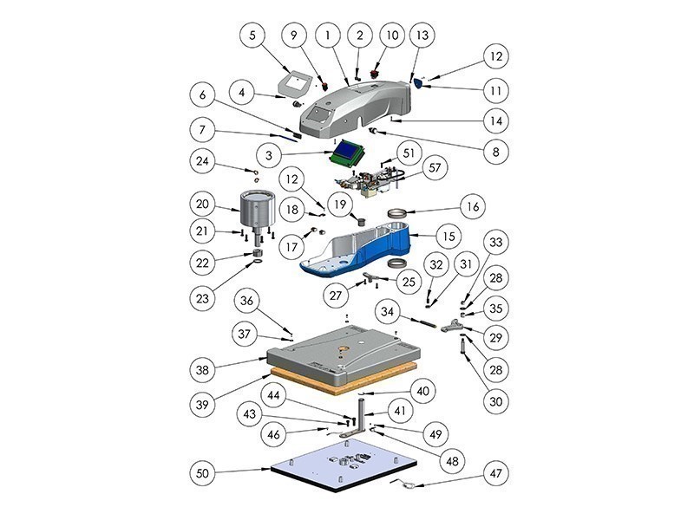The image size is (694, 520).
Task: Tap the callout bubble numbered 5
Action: click(252, 36)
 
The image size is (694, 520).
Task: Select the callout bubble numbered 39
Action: click(204, 406)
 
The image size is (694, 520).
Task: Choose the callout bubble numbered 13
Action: click(422, 36)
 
